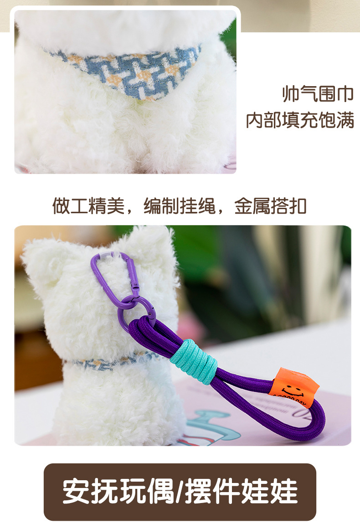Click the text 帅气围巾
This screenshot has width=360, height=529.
[318, 94]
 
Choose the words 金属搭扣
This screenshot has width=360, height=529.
[270, 206]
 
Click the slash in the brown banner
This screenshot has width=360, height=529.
[179, 491]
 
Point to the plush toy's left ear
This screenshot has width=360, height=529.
[43, 260]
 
